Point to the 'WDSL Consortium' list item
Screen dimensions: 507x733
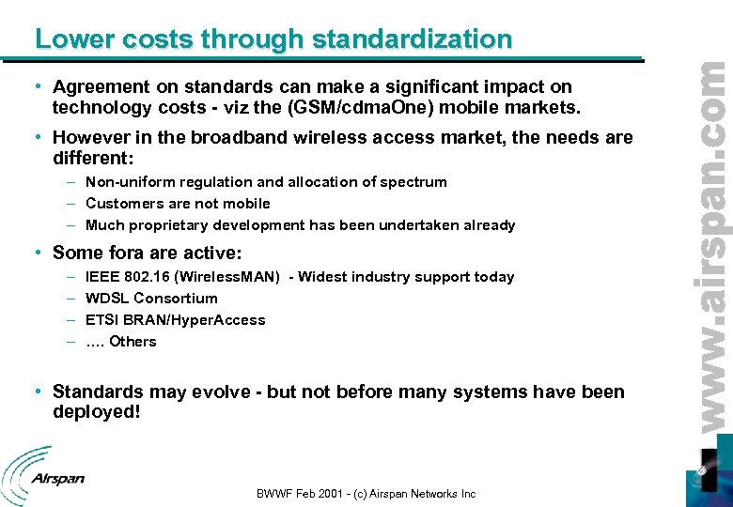tap(151, 299)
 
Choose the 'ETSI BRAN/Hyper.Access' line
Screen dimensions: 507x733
tap(175, 320)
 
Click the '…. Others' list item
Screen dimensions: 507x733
tap(121, 342)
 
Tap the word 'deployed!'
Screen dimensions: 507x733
tap(96, 412)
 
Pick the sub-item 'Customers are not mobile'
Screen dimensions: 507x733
tap(178, 204)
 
